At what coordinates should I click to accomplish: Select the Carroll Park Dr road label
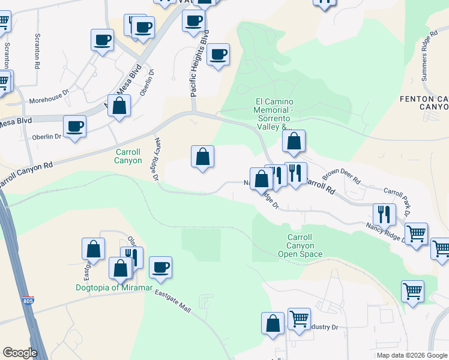396,201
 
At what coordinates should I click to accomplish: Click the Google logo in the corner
20,353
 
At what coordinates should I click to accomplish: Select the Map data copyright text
411,355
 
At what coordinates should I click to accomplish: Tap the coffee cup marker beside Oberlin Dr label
74,126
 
